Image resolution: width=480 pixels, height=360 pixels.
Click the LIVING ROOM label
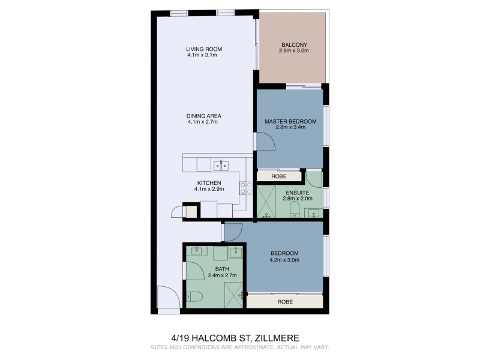[x=201, y=49]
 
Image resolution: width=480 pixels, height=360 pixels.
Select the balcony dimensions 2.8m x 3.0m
[x=293, y=51]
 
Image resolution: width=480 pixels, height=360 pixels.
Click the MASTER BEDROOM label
[x=290, y=121]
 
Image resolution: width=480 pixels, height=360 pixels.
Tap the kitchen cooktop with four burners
[x=245, y=188]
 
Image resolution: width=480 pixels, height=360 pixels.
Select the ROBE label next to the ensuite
[x=278, y=176]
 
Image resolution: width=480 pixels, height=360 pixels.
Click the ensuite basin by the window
[x=314, y=212]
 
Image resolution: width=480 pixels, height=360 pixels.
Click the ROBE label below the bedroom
[x=285, y=302]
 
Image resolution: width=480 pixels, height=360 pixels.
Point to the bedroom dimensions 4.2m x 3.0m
[x=285, y=260]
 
